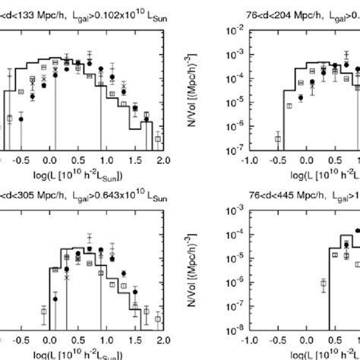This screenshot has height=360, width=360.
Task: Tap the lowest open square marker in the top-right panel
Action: [x=278, y=139]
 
